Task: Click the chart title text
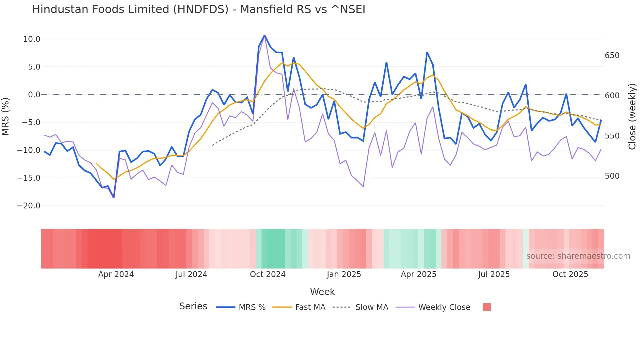199,9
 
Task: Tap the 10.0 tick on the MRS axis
32,39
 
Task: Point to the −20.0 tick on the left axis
29,206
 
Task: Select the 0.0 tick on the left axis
34,95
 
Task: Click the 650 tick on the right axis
612,56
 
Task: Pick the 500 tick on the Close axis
612,176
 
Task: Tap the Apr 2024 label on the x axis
116,274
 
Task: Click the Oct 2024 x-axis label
267,274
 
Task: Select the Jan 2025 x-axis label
344,274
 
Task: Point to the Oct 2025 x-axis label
570,274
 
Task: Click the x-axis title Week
322,292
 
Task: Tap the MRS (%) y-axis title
6,116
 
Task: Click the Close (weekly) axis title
632,117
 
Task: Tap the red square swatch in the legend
487,307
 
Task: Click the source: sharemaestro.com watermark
578,256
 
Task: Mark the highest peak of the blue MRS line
264,35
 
